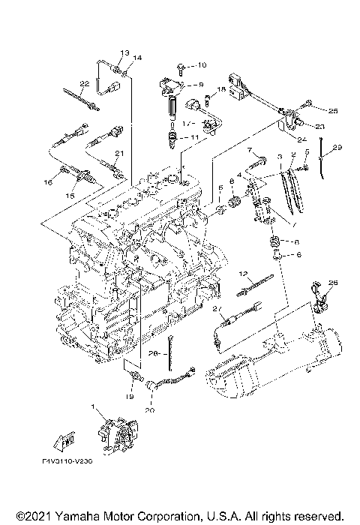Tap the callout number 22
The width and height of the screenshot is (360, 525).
point(85,83)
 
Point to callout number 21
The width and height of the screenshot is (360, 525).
point(117,154)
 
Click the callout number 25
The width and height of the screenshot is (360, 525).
point(333,111)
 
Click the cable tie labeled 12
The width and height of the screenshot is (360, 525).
point(252,284)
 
